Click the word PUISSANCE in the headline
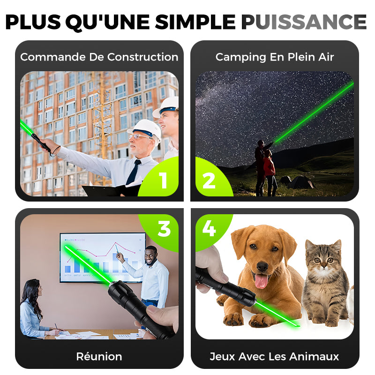tap(304, 22)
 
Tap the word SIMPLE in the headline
tap(195, 22)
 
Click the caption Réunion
tap(99, 356)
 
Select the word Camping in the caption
tap(240, 57)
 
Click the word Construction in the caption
tap(143, 57)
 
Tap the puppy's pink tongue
tap(261, 281)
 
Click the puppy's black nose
tap(262, 266)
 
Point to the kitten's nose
tap(323, 265)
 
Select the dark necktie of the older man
tap(133, 172)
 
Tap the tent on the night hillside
tap(300, 182)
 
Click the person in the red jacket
tap(270, 172)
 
